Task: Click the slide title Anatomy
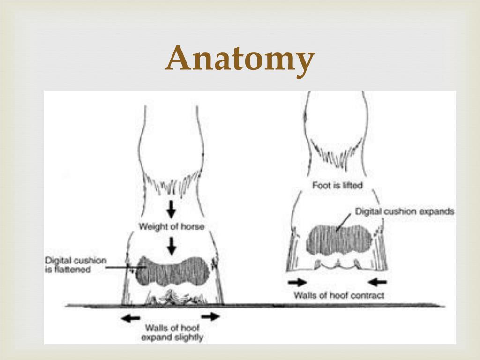pyautogui.click(x=240, y=59)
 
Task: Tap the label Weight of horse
pyautogui.click(x=172, y=227)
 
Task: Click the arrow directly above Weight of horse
pyautogui.click(x=172, y=209)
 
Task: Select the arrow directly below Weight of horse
pyautogui.click(x=172, y=244)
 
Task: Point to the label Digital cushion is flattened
pyautogui.click(x=75, y=265)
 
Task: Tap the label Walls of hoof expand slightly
pyautogui.click(x=172, y=332)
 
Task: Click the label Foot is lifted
pyautogui.click(x=337, y=186)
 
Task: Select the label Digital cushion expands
pyautogui.click(x=405, y=211)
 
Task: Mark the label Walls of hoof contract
pyautogui.click(x=339, y=295)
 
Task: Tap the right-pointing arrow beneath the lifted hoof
pyautogui.click(x=297, y=282)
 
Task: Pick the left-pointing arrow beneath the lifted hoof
pyautogui.click(x=377, y=282)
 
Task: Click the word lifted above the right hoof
pyautogui.click(x=351, y=186)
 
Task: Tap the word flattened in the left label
pyautogui.click(x=71, y=270)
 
